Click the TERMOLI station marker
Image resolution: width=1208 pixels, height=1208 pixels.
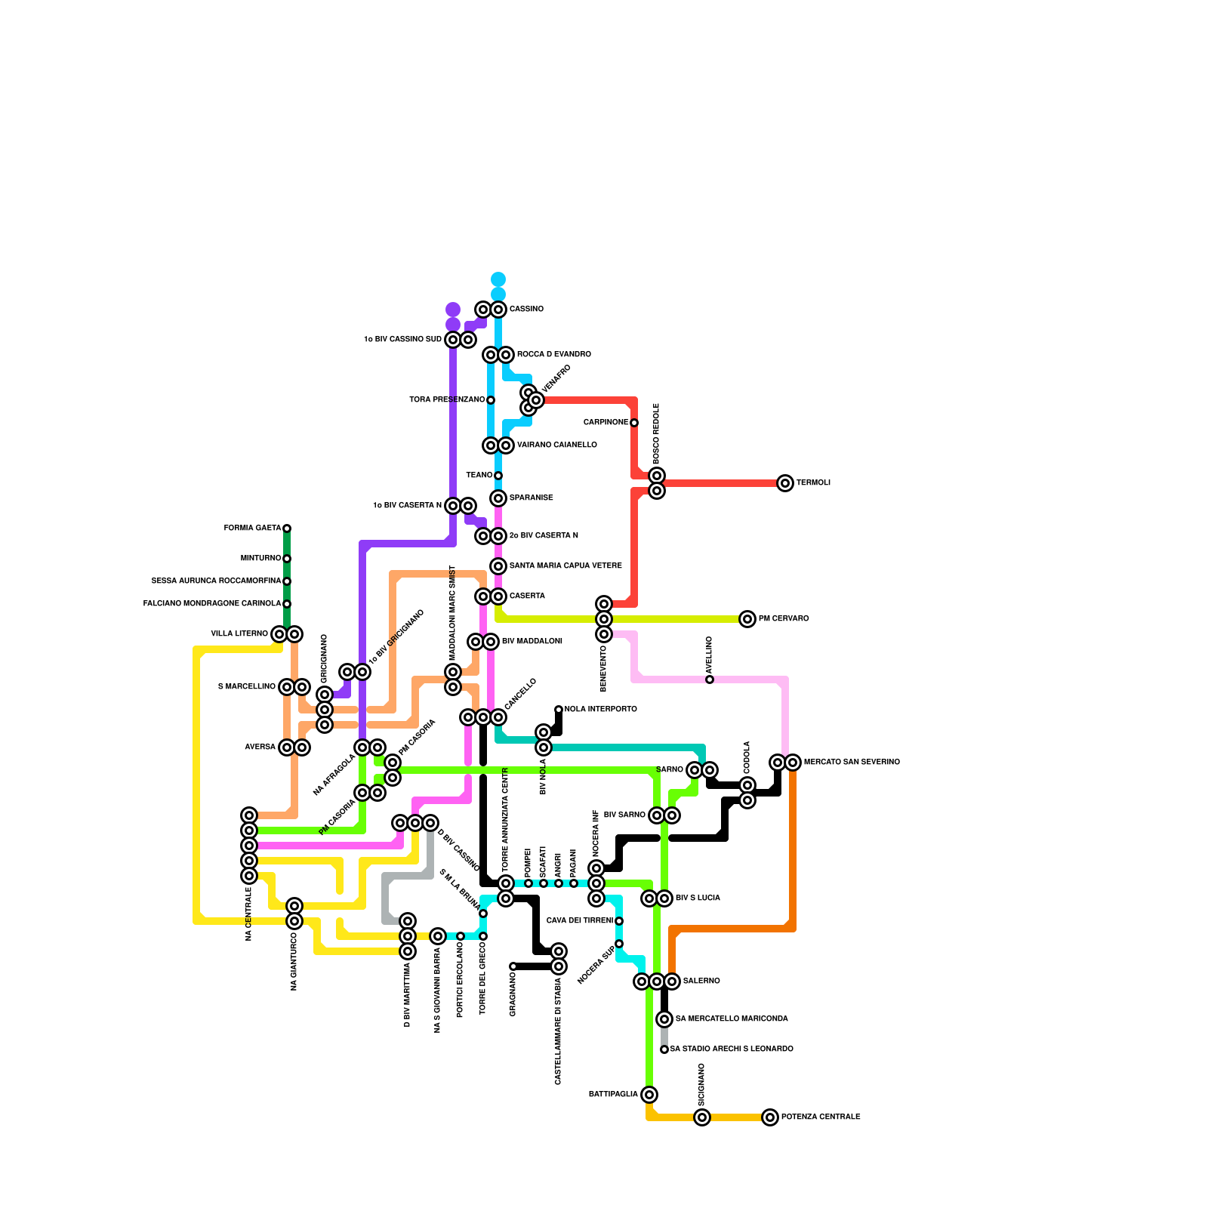tap(785, 483)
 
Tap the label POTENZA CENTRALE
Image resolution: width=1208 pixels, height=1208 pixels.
tap(821, 1117)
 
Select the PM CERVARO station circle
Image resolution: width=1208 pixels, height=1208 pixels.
tap(747, 619)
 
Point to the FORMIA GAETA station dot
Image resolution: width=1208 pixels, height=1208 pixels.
tap(287, 528)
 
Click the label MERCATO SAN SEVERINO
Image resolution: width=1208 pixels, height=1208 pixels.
tap(852, 763)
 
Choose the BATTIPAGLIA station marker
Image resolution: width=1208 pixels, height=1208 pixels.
tap(649, 1095)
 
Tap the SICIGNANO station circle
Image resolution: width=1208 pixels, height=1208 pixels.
tap(702, 1117)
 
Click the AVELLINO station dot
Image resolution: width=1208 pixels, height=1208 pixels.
tap(710, 679)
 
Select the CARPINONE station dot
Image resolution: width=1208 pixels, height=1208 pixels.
tap(634, 423)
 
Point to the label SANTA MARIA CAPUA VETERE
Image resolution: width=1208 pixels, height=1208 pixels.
tap(565, 566)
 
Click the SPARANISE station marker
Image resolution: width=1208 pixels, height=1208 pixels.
tap(498, 498)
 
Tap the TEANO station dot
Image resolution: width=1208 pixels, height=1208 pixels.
tap(498, 476)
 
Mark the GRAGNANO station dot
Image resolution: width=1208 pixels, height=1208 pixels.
tap(513, 966)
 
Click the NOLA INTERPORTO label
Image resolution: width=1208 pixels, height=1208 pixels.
tap(601, 710)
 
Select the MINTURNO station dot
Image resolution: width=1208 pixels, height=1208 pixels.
tap(287, 559)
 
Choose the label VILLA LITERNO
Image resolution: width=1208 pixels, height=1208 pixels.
tap(239, 634)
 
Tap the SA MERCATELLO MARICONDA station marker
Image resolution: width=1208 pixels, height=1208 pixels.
tap(664, 1019)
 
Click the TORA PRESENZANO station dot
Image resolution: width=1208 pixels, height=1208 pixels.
tap(491, 400)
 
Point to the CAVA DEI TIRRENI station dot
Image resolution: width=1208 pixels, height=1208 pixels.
tap(619, 921)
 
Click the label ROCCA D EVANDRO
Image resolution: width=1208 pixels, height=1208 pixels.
tap(554, 355)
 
